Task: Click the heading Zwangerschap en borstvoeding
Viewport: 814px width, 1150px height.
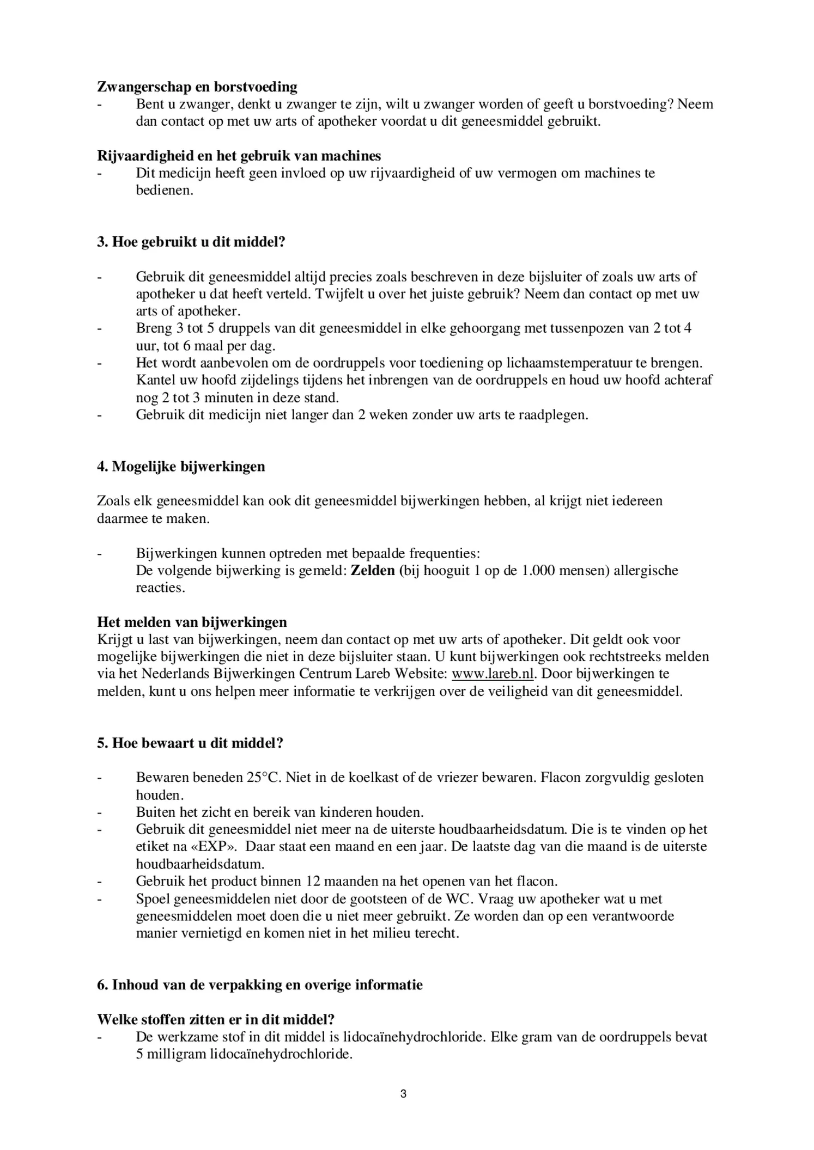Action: (x=197, y=87)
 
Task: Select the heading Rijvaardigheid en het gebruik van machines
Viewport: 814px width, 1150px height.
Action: (x=239, y=156)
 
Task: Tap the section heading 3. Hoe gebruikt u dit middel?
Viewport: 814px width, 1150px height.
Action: (x=191, y=242)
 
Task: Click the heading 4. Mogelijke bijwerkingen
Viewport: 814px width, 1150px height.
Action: (x=181, y=467)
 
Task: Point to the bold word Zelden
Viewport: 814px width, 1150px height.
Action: (x=373, y=571)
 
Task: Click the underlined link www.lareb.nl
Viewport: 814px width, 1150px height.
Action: (x=493, y=674)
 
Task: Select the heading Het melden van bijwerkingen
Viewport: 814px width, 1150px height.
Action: (x=192, y=622)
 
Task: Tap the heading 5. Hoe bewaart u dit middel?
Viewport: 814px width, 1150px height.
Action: (x=190, y=743)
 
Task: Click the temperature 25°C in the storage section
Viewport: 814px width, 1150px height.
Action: (x=264, y=777)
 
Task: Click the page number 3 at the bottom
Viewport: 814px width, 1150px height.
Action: (x=403, y=1094)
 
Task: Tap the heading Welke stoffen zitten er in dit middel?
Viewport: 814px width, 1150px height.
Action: (x=216, y=1019)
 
